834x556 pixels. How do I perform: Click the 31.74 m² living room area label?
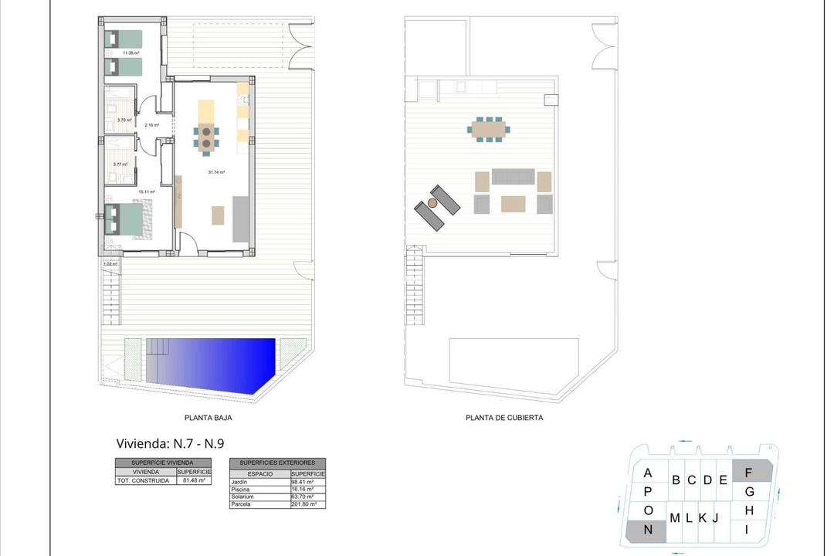216,172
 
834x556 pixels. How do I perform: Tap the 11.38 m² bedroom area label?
120,53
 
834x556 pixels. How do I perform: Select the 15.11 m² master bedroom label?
147,192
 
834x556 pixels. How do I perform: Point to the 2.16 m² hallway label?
151,125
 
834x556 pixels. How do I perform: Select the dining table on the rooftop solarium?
489,129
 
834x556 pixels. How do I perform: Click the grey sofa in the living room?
240,219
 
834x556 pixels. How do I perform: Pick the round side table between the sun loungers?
432,203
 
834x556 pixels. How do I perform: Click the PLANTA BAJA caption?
208,418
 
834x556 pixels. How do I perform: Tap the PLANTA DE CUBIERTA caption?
504,418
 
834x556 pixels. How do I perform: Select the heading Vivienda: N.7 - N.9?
170,443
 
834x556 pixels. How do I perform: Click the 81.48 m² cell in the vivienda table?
194,480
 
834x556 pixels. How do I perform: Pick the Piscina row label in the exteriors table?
241,490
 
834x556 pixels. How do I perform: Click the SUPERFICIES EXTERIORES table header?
277,462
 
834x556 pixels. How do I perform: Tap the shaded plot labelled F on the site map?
751,470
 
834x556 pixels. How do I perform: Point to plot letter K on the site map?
703,517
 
